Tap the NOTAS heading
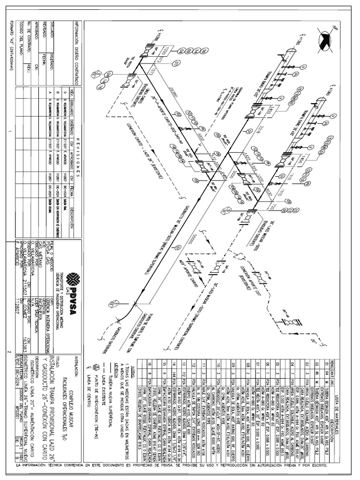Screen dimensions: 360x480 pos(133,360)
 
